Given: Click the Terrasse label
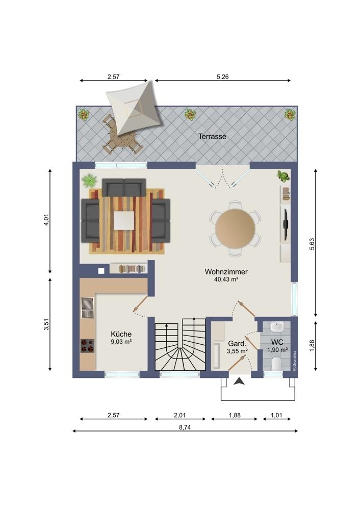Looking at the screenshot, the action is (212, 137).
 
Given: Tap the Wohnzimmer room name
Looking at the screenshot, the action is (226, 272).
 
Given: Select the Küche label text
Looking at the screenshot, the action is (121, 334).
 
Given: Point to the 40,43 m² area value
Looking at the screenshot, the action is (226, 279).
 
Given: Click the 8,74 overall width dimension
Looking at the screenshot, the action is (185, 427).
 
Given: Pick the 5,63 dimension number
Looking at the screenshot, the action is (312, 244).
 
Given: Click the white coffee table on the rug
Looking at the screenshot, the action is (124, 220).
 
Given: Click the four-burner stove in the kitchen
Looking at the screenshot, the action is (88, 346).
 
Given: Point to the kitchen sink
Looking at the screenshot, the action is (88, 308).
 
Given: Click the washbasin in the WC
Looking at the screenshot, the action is (277, 327).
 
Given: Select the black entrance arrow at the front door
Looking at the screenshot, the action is (240, 381).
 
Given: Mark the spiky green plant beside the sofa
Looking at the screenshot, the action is (89, 180).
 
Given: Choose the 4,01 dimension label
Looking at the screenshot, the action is (46, 220).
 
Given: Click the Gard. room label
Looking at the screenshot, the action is (237, 344).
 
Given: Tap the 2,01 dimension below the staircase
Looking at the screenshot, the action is (179, 415).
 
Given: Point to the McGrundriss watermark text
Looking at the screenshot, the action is (294, 361).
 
